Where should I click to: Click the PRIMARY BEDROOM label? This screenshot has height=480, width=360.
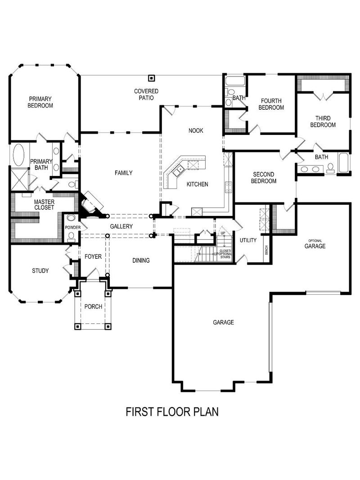(40, 102)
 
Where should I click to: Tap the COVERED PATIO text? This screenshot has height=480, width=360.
(146, 94)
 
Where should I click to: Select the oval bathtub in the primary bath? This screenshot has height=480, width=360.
(19, 156)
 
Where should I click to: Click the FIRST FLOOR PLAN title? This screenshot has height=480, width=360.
(172, 412)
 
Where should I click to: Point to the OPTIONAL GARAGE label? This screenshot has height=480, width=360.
(315, 245)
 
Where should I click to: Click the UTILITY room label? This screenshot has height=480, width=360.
(248, 240)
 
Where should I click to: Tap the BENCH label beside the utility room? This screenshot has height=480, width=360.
(267, 249)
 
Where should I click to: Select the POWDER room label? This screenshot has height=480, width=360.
(72, 228)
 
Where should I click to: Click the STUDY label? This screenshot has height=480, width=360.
(40, 271)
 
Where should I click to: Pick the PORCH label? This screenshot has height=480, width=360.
(93, 306)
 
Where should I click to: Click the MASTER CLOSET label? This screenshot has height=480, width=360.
(44, 205)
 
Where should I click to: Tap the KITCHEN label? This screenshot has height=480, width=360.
(197, 184)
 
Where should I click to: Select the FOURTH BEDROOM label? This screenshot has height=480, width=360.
(271, 104)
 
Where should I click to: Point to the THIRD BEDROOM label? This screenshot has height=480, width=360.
(323, 121)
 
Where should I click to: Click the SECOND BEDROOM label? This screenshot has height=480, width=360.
(264, 178)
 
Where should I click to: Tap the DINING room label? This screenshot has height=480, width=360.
(141, 260)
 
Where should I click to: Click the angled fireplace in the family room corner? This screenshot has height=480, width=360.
(91, 205)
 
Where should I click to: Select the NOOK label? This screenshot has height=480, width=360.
(196, 130)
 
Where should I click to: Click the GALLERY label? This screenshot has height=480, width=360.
(121, 226)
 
